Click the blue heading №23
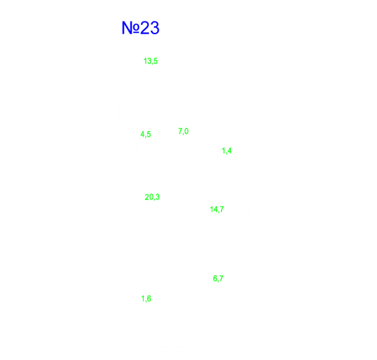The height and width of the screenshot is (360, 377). tap(140, 28)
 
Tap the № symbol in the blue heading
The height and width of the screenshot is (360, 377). tap(130, 28)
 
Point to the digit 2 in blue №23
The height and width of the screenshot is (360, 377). tap(145, 28)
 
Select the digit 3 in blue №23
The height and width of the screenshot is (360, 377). tap(155, 28)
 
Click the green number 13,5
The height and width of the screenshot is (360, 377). tap(151, 62)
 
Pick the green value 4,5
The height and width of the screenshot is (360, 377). tap(146, 134)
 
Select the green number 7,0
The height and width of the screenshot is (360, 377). tap(183, 132)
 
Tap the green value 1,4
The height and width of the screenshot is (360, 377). tap(226, 151)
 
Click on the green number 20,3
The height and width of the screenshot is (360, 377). tap(152, 197)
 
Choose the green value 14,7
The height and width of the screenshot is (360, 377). tap(217, 209)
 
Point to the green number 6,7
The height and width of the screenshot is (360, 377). tap(218, 279)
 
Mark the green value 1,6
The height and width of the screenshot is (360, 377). tap(146, 298)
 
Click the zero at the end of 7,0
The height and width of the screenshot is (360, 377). tap(187, 131)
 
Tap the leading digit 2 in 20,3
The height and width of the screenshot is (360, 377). tap(147, 197)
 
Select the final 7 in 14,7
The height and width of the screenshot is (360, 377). tap(222, 209)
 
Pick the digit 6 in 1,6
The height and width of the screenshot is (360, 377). tap(149, 298)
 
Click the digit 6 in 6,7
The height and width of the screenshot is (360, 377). tap(215, 278)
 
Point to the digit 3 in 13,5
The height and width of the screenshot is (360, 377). tap(149, 61)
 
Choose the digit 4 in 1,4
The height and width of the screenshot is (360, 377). tap(229, 151)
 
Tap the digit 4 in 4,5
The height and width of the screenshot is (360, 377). tap(142, 134)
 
